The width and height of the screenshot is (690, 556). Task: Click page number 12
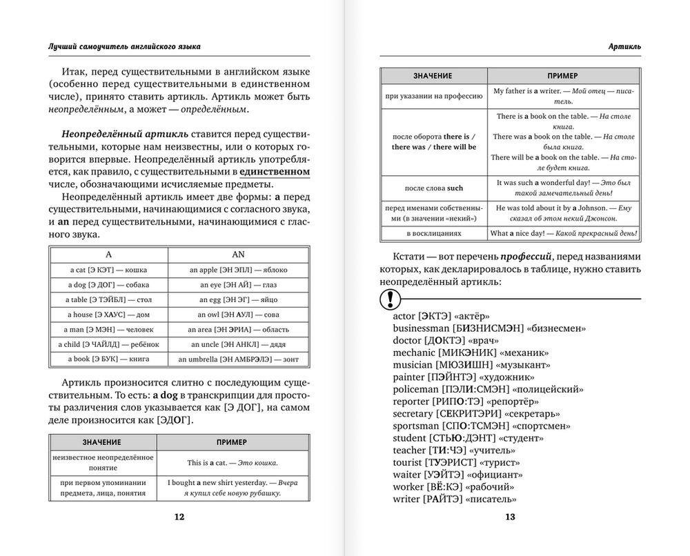pyautogui.click(x=179, y=517)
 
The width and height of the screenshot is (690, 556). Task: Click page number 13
pyautogui.click(x=510, y=517)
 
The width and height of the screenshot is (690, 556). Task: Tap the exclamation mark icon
pyautogui.click(x=391, y=298)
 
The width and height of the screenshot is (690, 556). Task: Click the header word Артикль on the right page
pyautogui.click(x=624, y=46)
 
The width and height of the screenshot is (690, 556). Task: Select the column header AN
pyautogui.click(x=238, y=254)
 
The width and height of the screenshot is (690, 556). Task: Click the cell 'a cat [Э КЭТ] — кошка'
pyautogui.click(x=108, y=270)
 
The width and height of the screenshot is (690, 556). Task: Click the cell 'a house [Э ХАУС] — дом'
pyautogui.click(x=108, y=315)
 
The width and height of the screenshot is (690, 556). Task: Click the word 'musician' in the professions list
pyautogui.click(x=413, y=364)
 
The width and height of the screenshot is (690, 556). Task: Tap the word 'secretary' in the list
pyautogui.click(x=413, y=413)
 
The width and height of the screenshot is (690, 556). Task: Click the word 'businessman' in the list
pyautogui.click(x=421, y=328)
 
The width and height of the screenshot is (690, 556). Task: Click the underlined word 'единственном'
pyautogui.click(x=275, y=171)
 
